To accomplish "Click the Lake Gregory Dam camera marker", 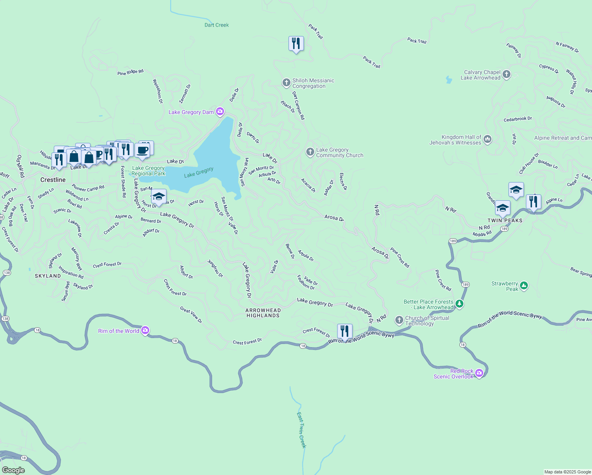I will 220,112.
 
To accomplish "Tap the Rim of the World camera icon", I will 145,331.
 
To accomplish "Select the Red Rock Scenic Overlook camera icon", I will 479,373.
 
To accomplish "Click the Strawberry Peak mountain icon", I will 524,285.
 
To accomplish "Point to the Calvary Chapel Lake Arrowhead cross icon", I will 507,74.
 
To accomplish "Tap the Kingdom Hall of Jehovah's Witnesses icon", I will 488,139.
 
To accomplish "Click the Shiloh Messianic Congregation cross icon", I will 286,83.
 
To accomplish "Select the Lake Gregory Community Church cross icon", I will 310,152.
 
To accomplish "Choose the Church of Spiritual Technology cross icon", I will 399,320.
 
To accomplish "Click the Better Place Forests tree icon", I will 459,304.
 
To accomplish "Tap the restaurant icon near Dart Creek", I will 296,43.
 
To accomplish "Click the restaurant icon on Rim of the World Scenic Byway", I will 345,331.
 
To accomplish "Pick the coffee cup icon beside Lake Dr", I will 142,150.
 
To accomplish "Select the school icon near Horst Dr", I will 159,196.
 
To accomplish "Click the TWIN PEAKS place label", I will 505,220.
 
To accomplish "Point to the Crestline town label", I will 53,180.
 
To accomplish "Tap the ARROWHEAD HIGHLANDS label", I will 263,313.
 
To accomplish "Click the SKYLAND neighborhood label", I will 48,276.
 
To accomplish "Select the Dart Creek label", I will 216,25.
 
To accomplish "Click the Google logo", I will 13,470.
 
